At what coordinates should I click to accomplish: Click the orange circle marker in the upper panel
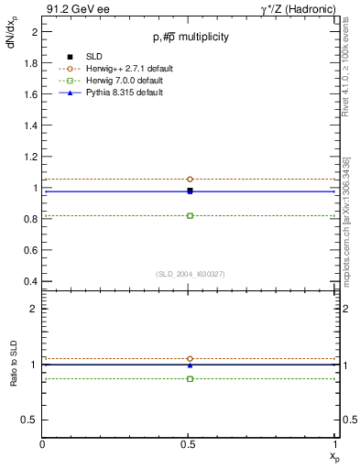click(190, 180)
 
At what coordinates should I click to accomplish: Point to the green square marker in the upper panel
click(190, 215)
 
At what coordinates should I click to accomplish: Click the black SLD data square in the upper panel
click(190, 191)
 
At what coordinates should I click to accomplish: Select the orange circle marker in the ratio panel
click(190, 358)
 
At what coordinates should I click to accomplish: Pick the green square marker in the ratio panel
click(190, 378)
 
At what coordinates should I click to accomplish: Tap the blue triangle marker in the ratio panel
click(190, 365)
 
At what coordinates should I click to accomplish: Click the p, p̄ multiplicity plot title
click(191, 38)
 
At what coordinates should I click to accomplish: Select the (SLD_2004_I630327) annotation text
click(190, 274)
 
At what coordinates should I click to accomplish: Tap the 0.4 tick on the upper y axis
click(33, 281)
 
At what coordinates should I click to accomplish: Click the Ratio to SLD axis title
click(15, 377)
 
